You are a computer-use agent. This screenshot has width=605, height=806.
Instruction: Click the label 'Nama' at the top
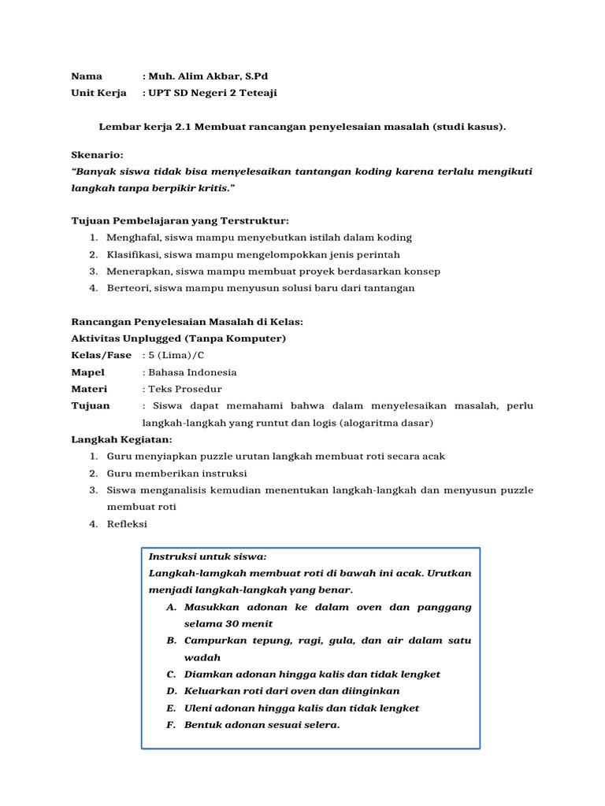87,76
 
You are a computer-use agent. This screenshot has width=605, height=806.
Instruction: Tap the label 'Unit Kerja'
98,93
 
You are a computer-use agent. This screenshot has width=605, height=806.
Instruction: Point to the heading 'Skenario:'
97,155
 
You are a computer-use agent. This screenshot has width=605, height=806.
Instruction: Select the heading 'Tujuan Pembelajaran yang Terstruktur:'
180,221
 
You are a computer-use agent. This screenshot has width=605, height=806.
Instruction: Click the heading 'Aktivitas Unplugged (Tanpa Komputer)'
179,338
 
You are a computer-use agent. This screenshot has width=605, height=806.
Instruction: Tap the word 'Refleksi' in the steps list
127,524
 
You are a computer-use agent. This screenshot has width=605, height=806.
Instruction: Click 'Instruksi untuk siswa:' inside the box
207,556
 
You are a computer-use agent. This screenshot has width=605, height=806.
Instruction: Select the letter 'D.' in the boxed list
171,691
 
